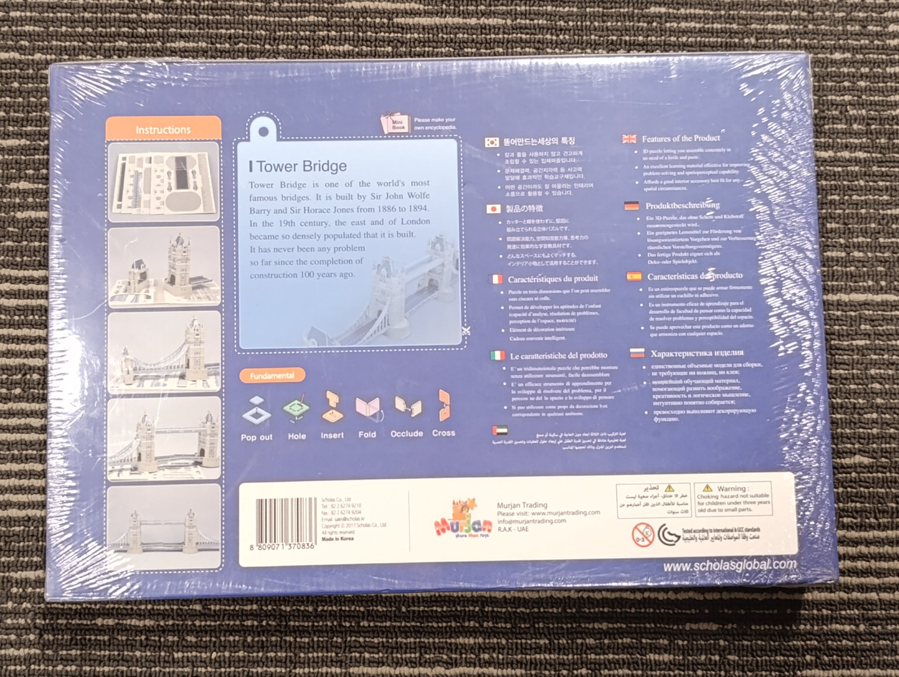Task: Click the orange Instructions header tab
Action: click(163, 129)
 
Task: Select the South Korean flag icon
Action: click(492, 142)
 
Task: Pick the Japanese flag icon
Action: click(493, 209)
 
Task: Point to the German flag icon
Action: click(632, 206)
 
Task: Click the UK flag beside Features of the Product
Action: click(629, 139)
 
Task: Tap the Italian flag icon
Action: click(497, 355)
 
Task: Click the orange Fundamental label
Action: click(272, 375)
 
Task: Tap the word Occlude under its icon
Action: click(407, 433)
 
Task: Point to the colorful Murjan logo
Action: click(463, 519)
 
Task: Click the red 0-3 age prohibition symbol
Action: click(643, 535)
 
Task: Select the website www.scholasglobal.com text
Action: click(729, 565)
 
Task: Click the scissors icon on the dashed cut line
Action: click(466, 331)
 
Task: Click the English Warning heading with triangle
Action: click(731, 488)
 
